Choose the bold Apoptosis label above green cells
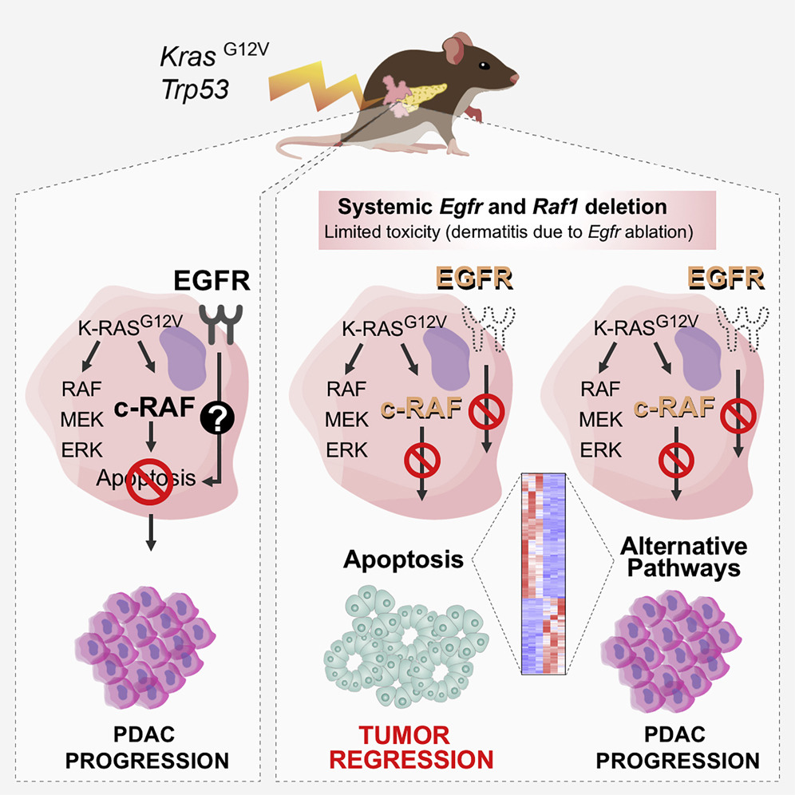[404, 559]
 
